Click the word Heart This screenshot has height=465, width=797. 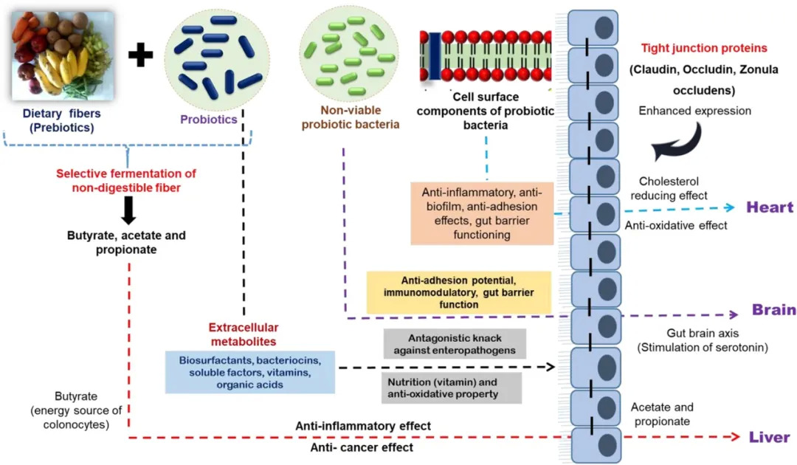769,207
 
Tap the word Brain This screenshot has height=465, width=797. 773,309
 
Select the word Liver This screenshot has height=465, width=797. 769,437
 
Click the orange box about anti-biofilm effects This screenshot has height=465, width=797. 481,213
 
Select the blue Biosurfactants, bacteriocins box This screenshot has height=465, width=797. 250,372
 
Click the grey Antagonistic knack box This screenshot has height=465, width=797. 455,344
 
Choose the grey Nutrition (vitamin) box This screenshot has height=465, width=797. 455,387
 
